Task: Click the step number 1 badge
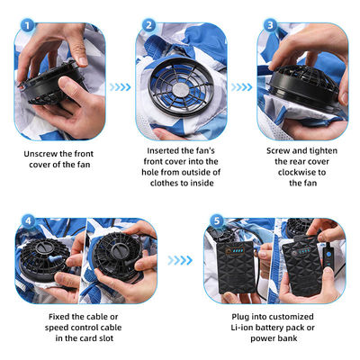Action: tap(27, 25)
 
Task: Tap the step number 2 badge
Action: tap(148, 25)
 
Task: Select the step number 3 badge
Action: tap(270, 25)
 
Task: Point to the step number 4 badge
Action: tap(28, 221)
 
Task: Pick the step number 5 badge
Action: tap(217, 221)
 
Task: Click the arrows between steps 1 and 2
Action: tap(120, 87)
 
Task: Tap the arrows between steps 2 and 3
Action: tap(241, 87)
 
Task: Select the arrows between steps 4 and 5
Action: tap(180, 260)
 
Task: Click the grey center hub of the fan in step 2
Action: tap(180, 89)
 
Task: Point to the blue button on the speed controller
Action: tap(328, 255)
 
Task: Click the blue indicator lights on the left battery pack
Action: tap(239, 250)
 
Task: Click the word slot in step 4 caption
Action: tap(106, 338)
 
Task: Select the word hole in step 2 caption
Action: tap(150, 173)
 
